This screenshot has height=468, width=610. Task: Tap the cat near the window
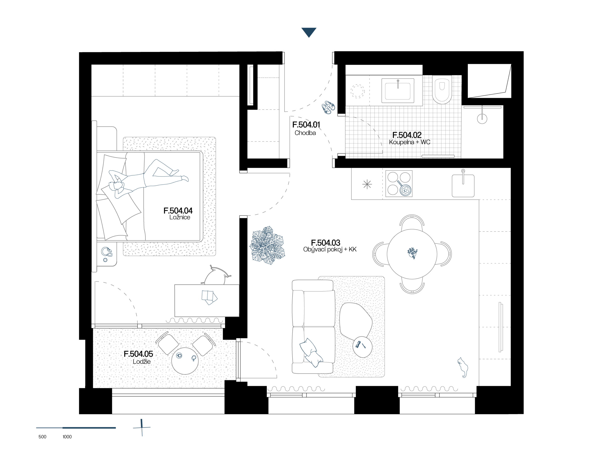pos(463,367)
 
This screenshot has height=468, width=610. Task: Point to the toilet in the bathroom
pos(442,89)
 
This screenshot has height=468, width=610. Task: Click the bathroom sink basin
pos(397,91)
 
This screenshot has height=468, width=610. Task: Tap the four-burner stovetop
pos(399,184)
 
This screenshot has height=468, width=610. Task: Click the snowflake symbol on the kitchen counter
pos(367,184)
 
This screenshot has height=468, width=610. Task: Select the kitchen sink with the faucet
pos(463,185)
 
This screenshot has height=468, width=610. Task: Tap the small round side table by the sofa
pos(362,347)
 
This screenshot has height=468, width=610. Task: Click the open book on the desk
pos(209,297)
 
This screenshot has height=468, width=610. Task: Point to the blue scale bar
pos(76,428)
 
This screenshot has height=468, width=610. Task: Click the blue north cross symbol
pos(142,427)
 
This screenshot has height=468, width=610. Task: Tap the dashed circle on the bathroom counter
pos(357,91)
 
